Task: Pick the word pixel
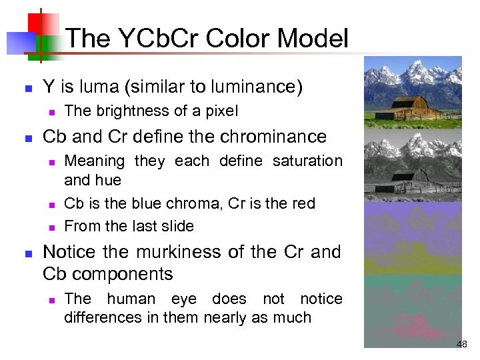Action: [219, 111]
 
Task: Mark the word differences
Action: [105, 317]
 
